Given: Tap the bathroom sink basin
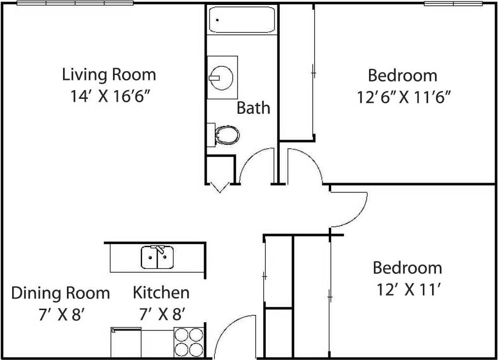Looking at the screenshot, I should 222,77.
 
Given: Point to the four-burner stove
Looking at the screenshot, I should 188,343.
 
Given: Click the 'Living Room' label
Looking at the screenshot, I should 109,75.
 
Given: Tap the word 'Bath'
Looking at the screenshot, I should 253,108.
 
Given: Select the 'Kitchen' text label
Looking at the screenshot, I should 161,293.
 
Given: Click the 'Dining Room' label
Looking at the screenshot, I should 61,293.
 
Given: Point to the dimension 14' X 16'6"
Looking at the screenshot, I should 109,96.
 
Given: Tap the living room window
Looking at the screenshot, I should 75,3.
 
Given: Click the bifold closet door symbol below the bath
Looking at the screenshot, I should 219,187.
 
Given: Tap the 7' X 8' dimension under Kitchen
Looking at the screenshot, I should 161,315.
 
